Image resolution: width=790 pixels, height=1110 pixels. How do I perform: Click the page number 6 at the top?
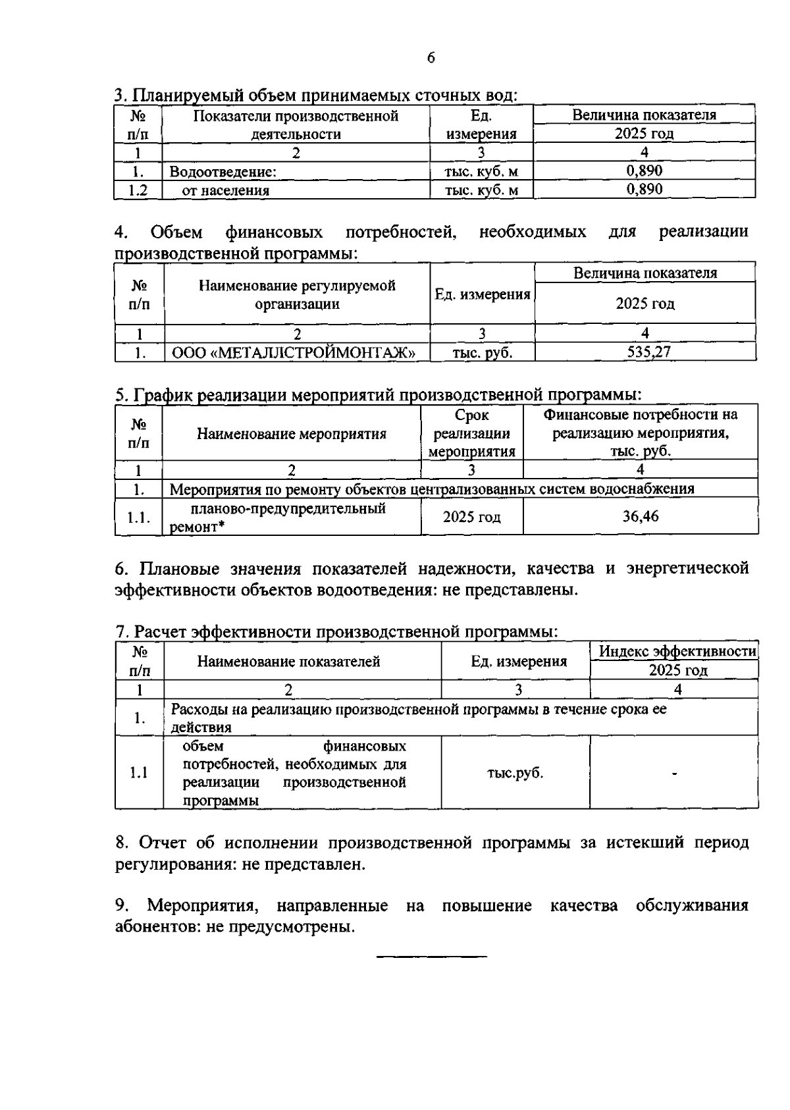pos(431,58)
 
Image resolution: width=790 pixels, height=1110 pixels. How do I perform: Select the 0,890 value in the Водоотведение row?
pos(644,171)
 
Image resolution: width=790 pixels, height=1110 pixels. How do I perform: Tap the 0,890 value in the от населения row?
pos(644,190)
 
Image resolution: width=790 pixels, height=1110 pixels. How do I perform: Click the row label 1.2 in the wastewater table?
pos(138,190)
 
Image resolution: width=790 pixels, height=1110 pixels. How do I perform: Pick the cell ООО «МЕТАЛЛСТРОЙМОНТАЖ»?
pos(294,353)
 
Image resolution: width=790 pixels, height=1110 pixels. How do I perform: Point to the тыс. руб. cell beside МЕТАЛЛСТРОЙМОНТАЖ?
pos(482,353)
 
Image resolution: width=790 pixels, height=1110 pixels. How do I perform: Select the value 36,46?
pos(641,516)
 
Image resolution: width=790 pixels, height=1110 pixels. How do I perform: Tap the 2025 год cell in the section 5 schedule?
pos(471,517)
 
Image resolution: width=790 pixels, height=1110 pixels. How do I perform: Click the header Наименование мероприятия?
pos(292,434)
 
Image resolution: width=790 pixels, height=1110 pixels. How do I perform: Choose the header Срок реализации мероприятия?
pos(471,434)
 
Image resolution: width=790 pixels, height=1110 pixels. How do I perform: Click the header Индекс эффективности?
pos(677,652)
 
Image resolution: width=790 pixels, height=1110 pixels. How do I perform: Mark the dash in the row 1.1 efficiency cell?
pos(674,774)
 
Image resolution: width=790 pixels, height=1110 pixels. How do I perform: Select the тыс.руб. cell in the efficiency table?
pos(515,773)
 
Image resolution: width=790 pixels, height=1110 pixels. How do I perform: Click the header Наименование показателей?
pos(288,662)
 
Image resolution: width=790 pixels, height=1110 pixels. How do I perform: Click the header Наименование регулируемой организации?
pos(297,294)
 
